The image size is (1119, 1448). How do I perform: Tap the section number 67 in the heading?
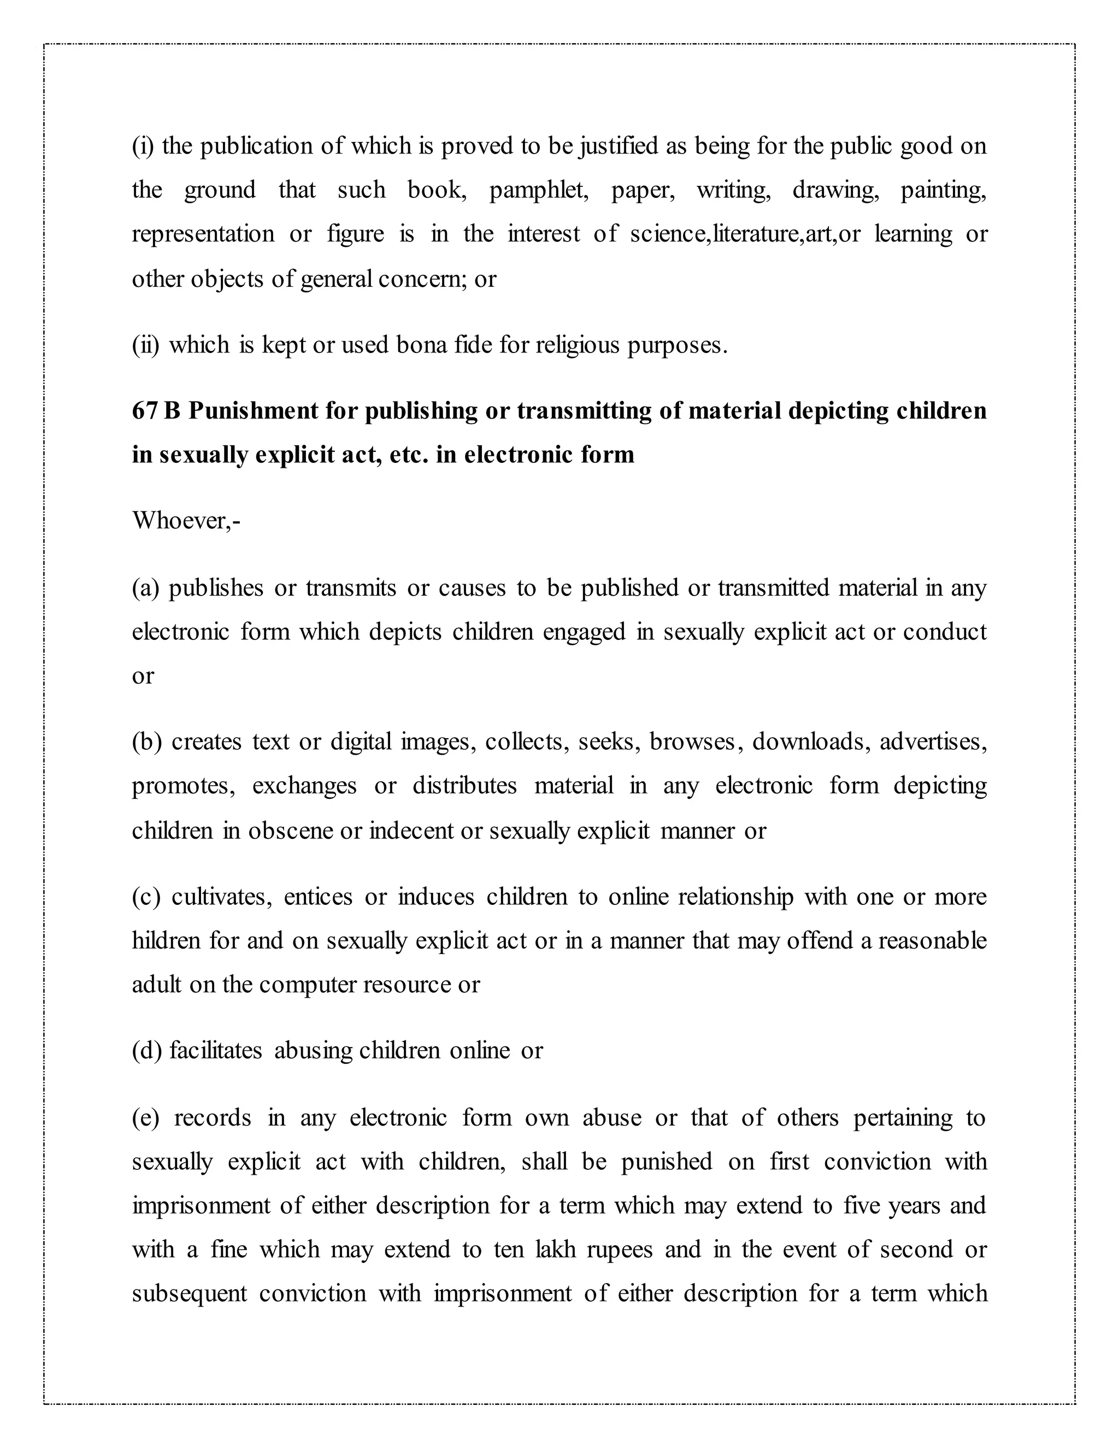click(x=144, y=411)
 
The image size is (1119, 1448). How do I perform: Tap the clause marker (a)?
click(x=146, y=588)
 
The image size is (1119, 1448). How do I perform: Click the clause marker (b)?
click(x=146, y=741)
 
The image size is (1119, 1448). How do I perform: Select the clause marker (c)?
click(x=146, y=896)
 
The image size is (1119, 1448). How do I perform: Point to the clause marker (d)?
click(x=146, y=1051)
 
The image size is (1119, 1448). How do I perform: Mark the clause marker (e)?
click(x=146, y=1118)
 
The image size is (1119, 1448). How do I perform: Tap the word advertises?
click(x=933, y=741)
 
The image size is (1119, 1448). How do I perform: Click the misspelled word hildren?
click(x=166, y=941)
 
